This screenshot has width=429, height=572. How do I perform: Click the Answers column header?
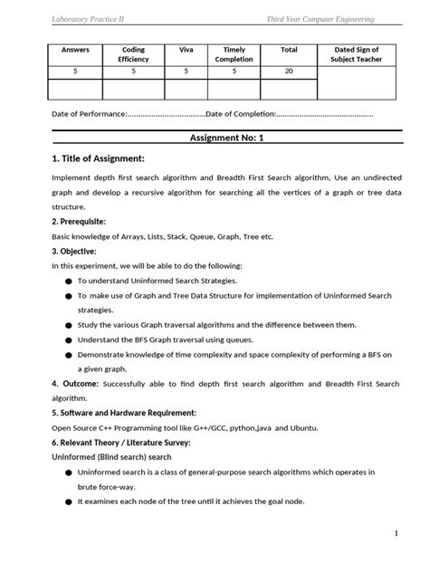click(75, 50)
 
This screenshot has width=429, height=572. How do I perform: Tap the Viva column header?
click(186, 50)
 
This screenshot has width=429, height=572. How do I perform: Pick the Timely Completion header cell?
click(234, 54)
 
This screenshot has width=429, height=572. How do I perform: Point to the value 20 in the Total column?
click(289, 69)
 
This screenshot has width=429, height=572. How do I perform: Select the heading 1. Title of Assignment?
click(99, 158)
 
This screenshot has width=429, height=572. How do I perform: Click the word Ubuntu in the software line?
click(307, 426)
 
